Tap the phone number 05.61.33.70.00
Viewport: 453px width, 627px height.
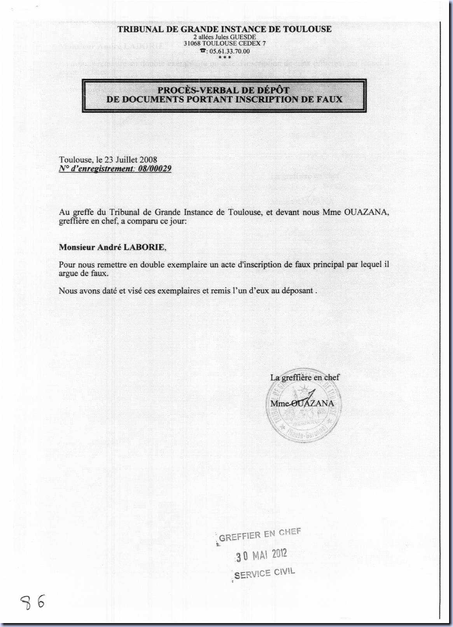[229, 51]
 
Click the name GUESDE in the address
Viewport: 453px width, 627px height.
[243, 37]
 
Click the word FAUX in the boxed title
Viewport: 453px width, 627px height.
[331, 99]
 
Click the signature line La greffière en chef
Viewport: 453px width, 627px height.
[305, 377]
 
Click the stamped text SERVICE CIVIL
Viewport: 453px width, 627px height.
[265, 573]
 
